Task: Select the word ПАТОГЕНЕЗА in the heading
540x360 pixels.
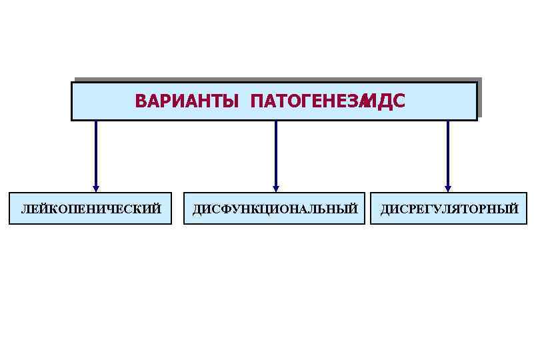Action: coord(306,101)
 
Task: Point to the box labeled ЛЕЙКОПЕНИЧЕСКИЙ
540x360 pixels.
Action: coord(91,209)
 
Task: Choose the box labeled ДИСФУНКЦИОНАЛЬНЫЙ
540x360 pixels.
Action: coord(275,209)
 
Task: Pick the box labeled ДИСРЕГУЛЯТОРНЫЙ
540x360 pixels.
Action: coord(450,209)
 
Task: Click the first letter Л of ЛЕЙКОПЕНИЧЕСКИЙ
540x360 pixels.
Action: coord(25,209)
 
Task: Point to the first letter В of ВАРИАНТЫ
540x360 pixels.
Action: coord(139,101)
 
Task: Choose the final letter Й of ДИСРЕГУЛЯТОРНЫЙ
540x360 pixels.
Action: coord(513,209)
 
